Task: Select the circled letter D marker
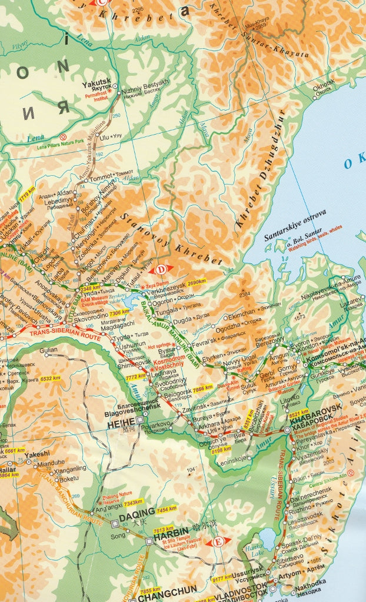click(161, 270)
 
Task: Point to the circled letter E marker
click(218, 541)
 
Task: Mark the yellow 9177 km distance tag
click(207, 578)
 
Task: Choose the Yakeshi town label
click(37, 454)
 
